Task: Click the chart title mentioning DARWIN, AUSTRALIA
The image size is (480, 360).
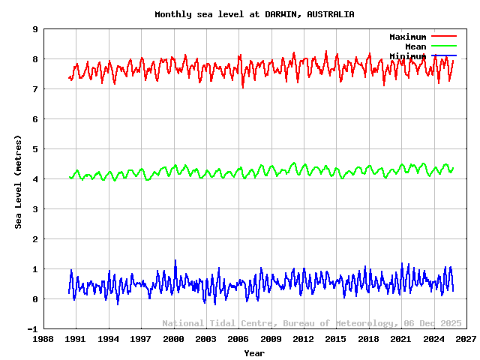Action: point(254,14)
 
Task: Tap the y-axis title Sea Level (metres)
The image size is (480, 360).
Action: point(18,181)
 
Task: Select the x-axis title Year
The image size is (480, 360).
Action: point(254,352)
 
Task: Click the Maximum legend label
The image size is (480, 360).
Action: point(407,37)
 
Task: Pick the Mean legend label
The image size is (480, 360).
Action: point(415,46)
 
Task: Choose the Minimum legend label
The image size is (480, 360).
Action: point(407,56)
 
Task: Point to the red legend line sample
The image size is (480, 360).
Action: point(444,36)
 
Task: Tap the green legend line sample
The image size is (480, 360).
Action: point(444,46)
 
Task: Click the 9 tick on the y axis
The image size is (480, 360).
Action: point(35,29)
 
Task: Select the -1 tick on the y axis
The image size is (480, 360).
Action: point(33,329)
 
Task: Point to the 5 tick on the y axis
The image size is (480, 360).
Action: point(35,149)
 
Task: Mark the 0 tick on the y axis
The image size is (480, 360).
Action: point(35,299)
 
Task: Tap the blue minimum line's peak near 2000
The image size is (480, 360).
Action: point(175,261)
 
